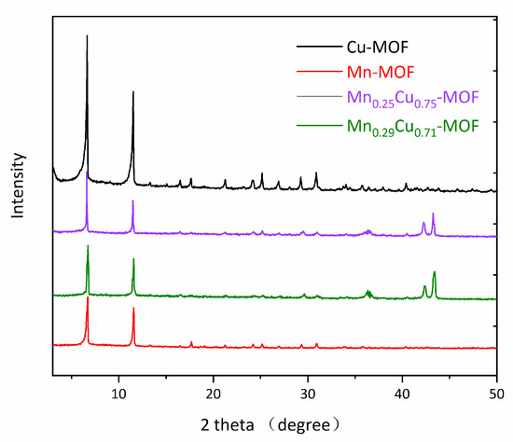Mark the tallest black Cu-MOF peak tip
click(87, 35)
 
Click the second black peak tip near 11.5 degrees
click(133, 91)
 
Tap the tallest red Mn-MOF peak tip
click(88, 297)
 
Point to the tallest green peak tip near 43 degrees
click(435, 270)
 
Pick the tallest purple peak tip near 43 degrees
click(433, 214)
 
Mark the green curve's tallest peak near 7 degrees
click(88, 245)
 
